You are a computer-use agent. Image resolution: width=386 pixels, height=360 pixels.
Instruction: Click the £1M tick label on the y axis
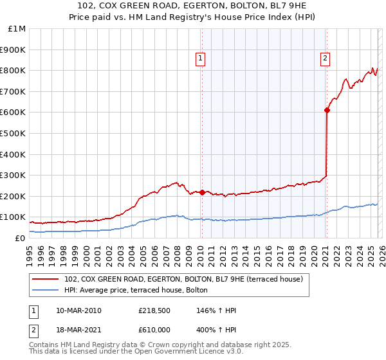tap(16, 29)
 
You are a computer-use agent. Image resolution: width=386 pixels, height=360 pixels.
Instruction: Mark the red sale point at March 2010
tap(202, 192)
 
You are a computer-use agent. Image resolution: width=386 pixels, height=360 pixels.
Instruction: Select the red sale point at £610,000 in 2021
tap(327, 110)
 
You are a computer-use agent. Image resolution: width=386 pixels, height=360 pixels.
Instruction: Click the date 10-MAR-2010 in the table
tap(78, 310)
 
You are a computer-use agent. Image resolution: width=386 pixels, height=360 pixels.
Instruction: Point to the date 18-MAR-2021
tap(78, 328)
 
